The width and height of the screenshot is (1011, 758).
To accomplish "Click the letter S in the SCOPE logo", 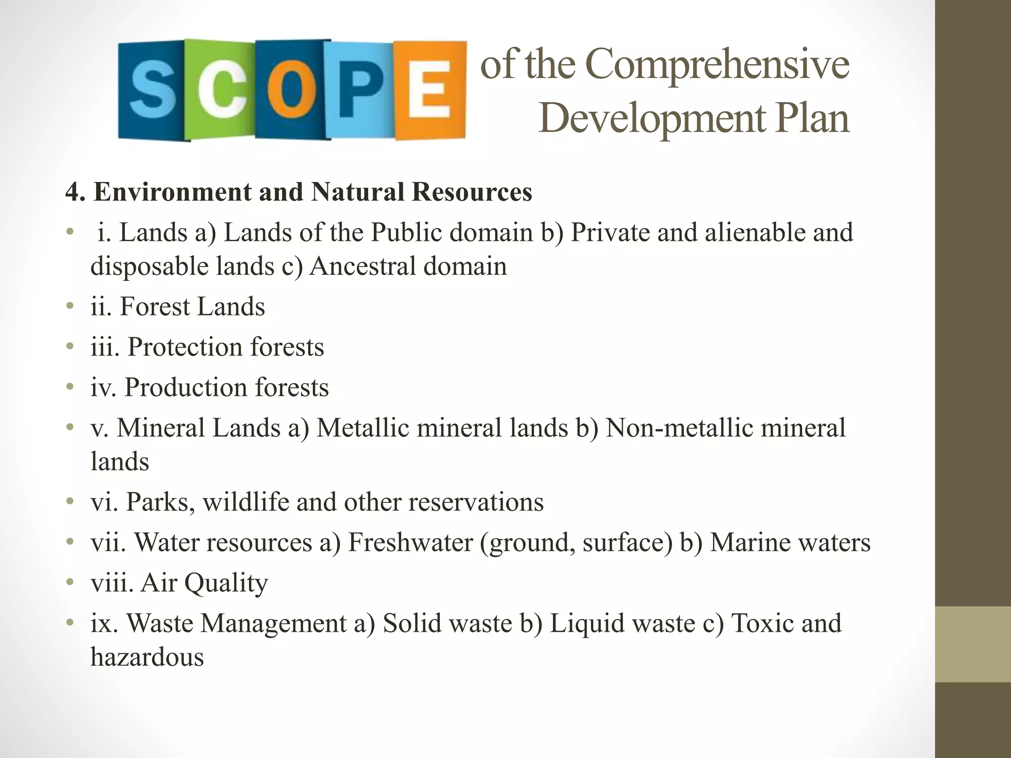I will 152,90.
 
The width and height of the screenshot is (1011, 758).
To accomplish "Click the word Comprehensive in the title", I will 718,65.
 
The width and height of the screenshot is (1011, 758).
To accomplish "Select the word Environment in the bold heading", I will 172,192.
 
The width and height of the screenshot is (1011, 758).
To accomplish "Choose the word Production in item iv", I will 185,387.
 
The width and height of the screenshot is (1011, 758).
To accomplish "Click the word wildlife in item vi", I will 245,502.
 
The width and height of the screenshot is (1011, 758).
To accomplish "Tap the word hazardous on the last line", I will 147,657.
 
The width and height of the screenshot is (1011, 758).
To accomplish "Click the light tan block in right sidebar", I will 972,644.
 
